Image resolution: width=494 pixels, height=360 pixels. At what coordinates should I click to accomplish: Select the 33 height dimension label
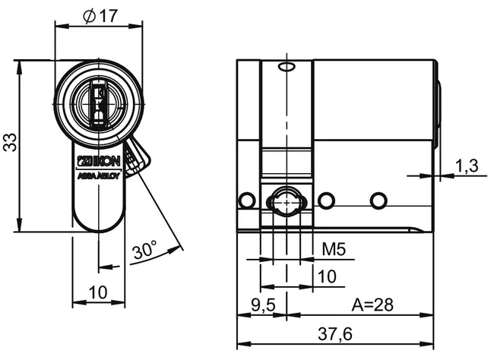click(9, 143)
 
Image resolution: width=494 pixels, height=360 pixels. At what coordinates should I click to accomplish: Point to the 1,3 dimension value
click(466, 166)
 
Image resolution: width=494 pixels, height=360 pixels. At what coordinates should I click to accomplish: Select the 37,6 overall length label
click(335, 333)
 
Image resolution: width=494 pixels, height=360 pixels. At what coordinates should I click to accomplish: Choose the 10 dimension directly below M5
click(327, 276)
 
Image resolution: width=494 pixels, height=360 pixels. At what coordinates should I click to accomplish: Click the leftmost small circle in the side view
click(245, 201)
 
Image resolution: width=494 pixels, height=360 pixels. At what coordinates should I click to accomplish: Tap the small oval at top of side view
click(286, 68)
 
